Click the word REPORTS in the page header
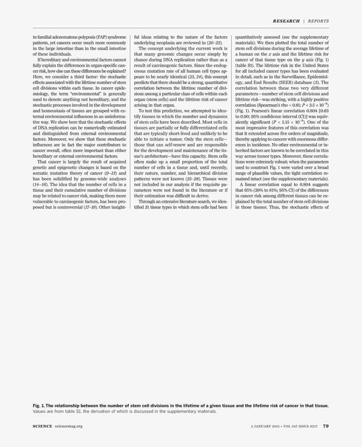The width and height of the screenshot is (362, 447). click(x=318, y=21)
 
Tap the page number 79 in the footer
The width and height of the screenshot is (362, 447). click(x=326, y=426)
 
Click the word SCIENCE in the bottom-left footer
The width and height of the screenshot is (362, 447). click(x=43, y=426)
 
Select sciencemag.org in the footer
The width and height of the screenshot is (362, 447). click(x=69, y=426)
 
